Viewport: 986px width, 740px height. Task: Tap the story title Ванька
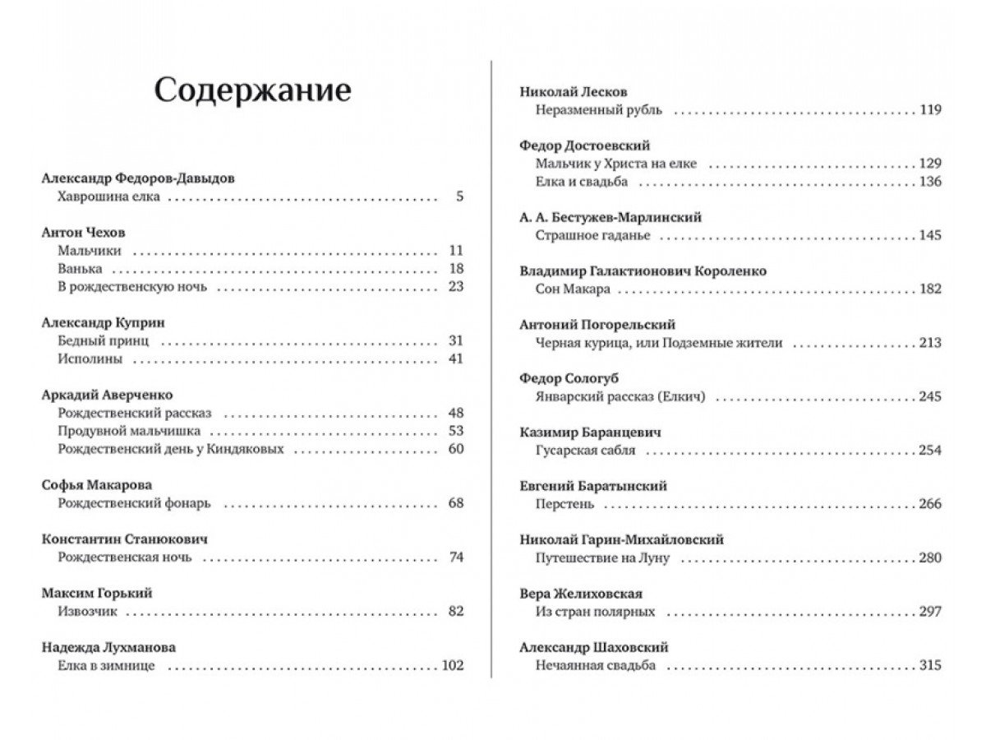tap(81, 269)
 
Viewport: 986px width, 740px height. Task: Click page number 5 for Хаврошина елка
tap(459, 197)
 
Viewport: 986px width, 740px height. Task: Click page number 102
tap(453, 665)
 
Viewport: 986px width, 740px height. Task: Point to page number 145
tap(930, 236)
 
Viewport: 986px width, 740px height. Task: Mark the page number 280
tap(930, 558)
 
